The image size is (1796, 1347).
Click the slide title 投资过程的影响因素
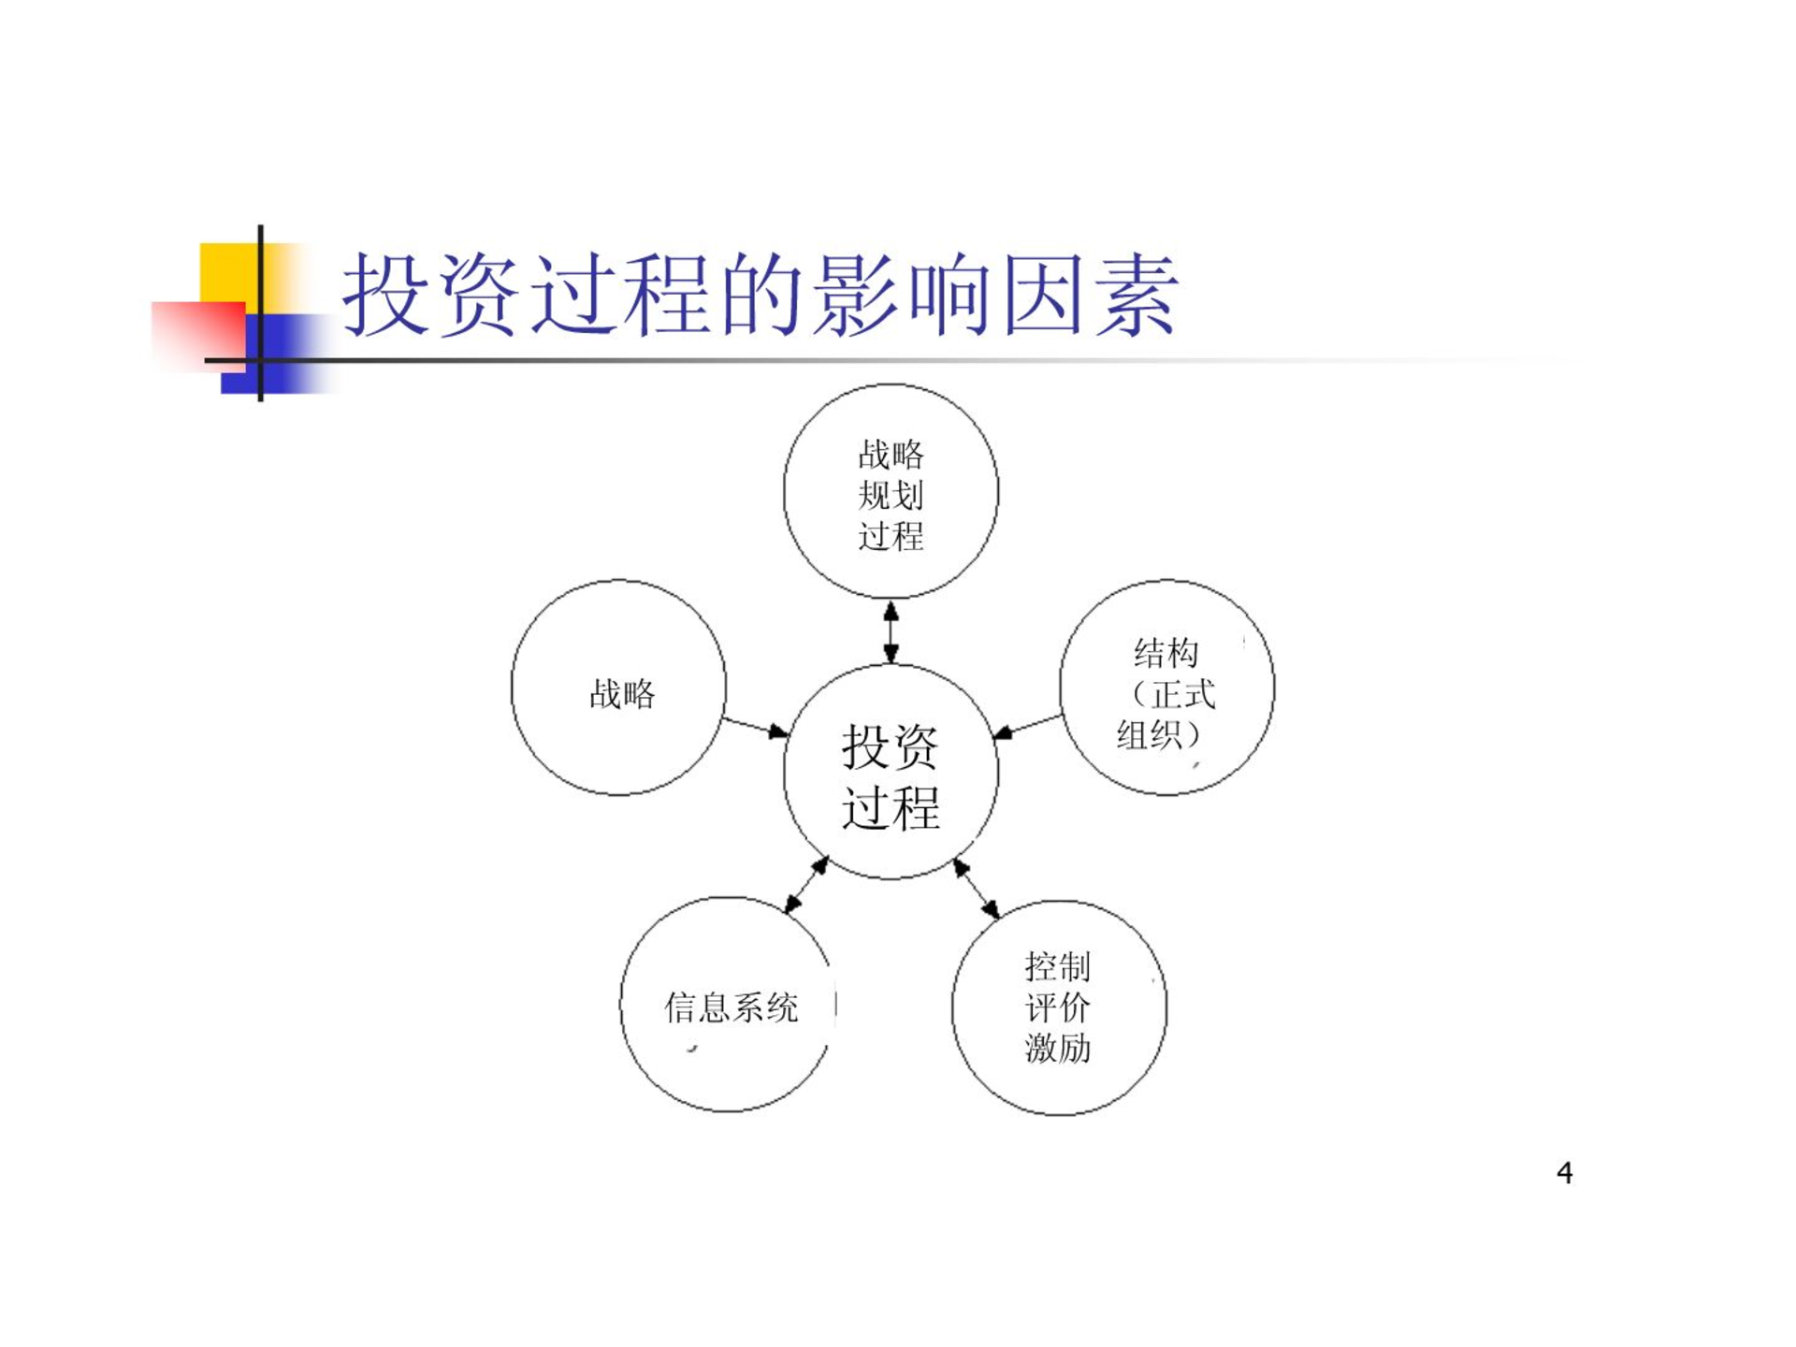760,294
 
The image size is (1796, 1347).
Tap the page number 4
1564,1172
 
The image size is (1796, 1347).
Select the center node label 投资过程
891,776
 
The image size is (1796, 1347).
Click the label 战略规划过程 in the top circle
891,495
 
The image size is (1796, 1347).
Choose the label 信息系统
731,1007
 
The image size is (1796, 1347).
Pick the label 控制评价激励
1058,1007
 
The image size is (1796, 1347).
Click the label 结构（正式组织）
1166,694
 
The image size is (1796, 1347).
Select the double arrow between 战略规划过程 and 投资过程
891,632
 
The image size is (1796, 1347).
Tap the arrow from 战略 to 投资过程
756,728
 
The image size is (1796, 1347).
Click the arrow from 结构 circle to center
1027,728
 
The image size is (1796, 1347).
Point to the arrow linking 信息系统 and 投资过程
806,884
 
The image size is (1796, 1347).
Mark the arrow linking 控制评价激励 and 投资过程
976,888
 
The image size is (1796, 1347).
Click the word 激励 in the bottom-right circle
1058,1048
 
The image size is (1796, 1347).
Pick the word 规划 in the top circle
891,495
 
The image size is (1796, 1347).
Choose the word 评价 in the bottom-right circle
1058,1007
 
